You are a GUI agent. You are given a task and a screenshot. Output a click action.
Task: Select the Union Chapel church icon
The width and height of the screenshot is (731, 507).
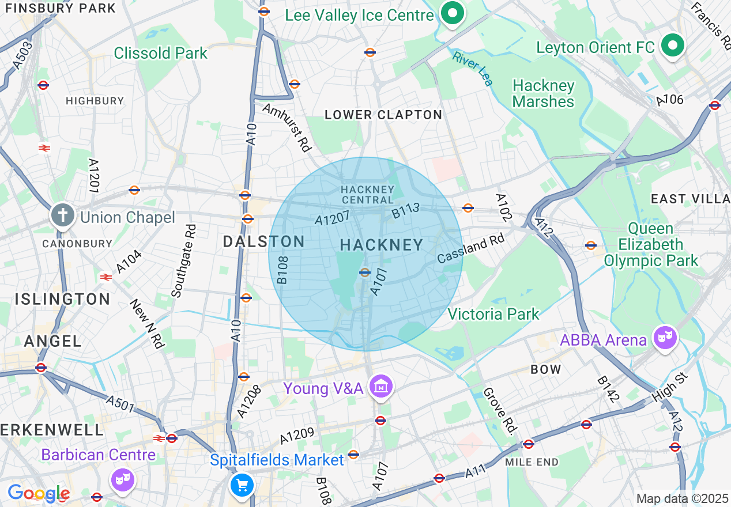coord(62,216)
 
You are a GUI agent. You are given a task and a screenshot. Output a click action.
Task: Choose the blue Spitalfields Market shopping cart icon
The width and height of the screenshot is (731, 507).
coord(242,485)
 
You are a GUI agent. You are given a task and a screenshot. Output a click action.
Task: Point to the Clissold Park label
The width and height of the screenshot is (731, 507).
coord(160,54)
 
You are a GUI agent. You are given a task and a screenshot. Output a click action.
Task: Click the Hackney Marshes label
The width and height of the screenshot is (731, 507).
coord(543,94)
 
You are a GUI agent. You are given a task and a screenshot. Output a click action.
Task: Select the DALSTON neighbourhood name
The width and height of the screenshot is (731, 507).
coord(263,242)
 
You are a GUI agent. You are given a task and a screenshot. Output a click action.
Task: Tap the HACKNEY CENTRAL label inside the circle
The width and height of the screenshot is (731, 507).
coord(367,195)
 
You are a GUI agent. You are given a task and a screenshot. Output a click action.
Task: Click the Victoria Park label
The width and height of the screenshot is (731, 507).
coord(493,314)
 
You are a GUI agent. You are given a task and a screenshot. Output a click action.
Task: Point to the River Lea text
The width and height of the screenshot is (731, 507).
coord(473,69)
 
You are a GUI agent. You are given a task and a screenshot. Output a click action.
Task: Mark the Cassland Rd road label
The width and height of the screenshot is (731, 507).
coord(470,248)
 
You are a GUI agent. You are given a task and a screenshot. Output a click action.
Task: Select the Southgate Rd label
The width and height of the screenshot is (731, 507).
coord(184,260)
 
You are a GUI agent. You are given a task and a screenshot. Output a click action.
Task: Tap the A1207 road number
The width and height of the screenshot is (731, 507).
coord(333,218)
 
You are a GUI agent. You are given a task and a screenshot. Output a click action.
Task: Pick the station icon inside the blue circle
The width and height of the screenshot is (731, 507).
coord(364,273)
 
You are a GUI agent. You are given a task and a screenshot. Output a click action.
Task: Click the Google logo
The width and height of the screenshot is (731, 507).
coord(39,494)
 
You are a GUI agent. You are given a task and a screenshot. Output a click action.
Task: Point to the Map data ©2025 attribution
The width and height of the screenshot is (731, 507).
coord(682,498)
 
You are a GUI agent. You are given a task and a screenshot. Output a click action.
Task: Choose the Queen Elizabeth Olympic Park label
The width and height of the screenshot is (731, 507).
coord(651,245)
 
